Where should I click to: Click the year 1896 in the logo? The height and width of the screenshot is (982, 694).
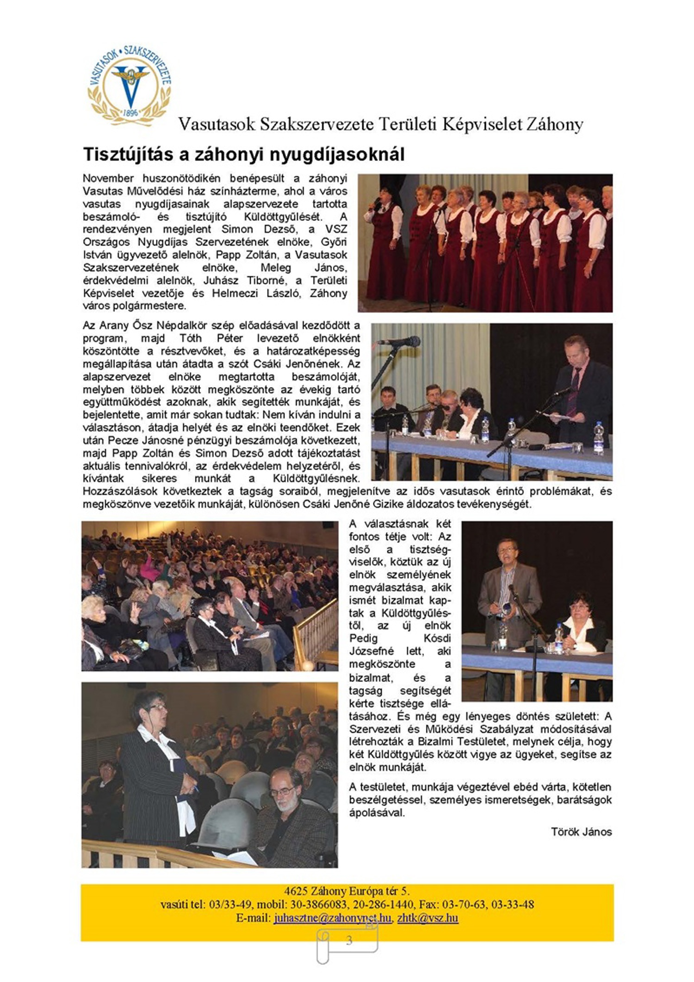pyautogui.click(x=130, y=113)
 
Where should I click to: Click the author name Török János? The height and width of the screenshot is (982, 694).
pyautogui.click(x=581, y=832)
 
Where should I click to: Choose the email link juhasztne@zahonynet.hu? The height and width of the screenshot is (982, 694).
pyautogui.click(x=332, y=918)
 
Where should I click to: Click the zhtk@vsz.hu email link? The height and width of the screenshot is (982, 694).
pyautogui.click(x=428, y=918)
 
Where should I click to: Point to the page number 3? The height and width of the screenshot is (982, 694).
pyautogui.click(x=349, y=940)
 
